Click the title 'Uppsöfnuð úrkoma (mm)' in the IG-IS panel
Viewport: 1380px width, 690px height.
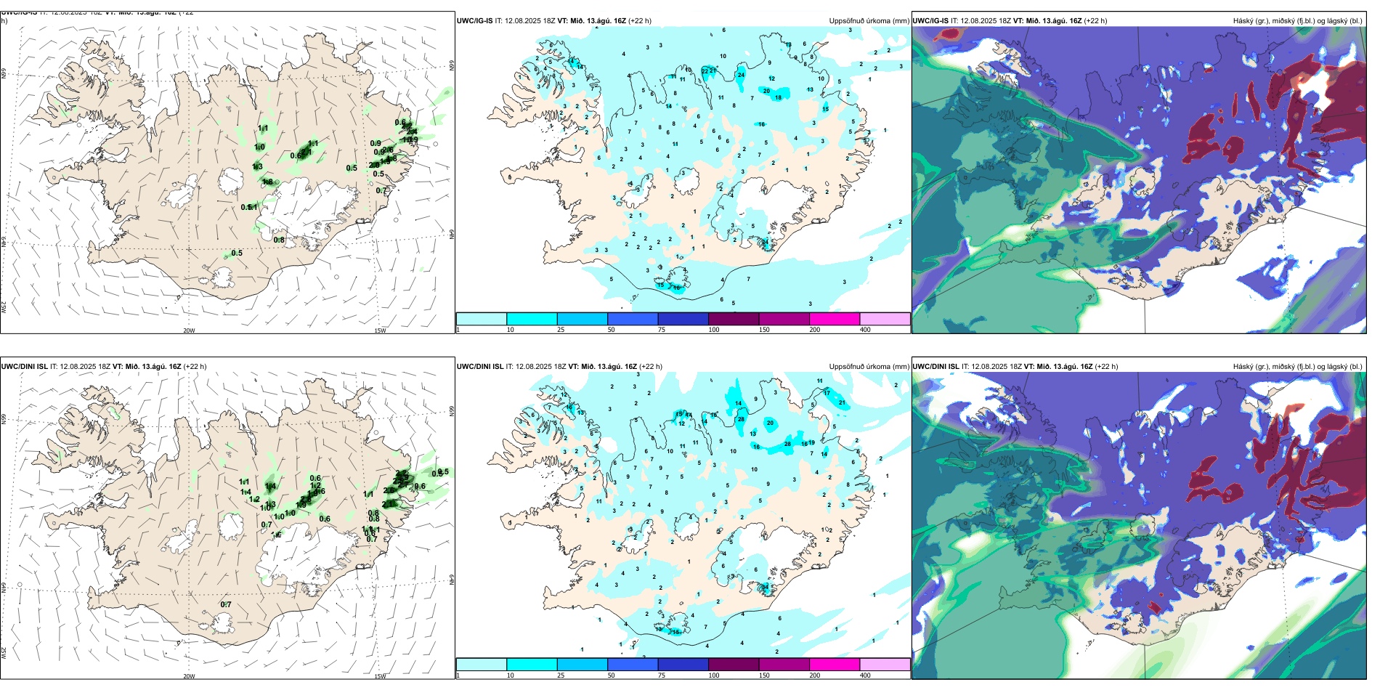pyautogui.click(x=869, y=21)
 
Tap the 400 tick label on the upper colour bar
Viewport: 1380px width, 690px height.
pyautogui.click(x=865, y=330)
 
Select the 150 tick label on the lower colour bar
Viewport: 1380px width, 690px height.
pyautogui.click(x=764, y=675)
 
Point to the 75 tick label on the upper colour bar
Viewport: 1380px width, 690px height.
pyautogui.click(x=662, y=330)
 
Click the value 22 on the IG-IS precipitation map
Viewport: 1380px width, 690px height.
pyautogui.click(x=705, y=70)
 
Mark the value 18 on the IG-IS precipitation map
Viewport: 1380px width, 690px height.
pyautogui.click(x=779, y=98)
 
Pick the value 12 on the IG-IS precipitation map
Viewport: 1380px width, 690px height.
pyautogui.click(x=771, y=78)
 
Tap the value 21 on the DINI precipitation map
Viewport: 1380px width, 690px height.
pyautogui.click(x=843, y=402)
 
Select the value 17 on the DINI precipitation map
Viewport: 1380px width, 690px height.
pyautogui.click(x=827, y=393)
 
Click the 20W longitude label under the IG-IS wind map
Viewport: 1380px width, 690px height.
pyautogui.click(x=189, y=330)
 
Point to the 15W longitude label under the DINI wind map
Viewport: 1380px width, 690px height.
pyautogui.click(x=380, y=676)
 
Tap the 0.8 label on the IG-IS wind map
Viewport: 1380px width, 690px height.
pyautogui.click(x=279, y=240)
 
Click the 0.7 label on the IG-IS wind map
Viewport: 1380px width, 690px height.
pyautogui.click(x=381, y=191)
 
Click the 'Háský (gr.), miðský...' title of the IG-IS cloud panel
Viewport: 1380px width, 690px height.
pyautogui.click(x=1297, y=21)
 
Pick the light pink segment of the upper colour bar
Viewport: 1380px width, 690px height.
pyautogui.click(x=885, y=319)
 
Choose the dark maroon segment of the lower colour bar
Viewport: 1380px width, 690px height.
pyautogui.click(x=733, y=665)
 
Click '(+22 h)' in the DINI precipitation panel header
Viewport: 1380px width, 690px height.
pyautogui.click(x=650, y=367)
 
